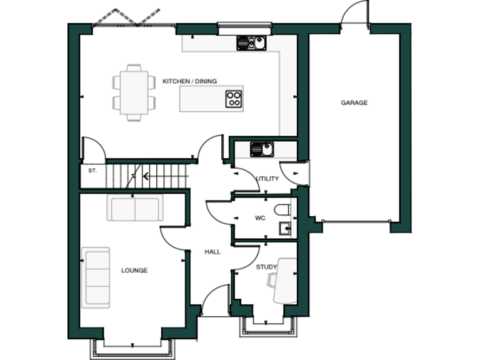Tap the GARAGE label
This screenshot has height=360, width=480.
[x=354, y=102]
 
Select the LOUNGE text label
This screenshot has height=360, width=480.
[x=134, y=271]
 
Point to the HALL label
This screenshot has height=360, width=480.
[x=213, y=252]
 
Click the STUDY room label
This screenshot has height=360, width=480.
[x=266, y=267]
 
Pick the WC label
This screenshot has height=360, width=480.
[x=261, y=219]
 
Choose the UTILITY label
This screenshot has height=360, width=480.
[x=268, y=179]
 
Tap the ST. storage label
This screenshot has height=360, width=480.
[x=92, y=170]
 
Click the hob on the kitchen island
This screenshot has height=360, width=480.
[x=234, y=98]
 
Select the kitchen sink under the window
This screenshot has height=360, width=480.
[x=251, y=42]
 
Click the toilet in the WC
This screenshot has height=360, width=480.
[x=281, y=208]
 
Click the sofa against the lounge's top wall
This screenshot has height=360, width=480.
[x=135, y=208]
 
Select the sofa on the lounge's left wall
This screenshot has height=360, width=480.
[x=96, y=277]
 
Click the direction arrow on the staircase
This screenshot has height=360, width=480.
[x=145, y=176]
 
